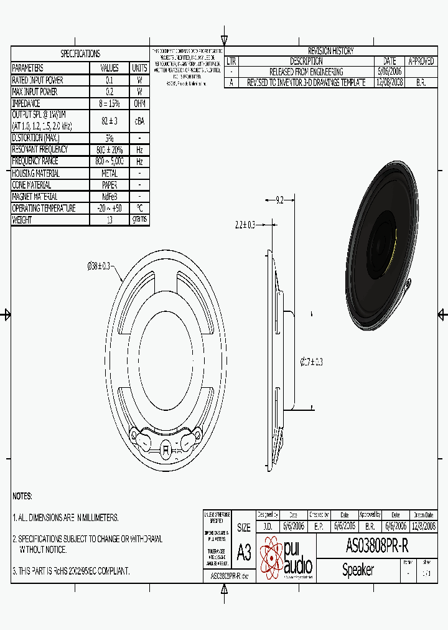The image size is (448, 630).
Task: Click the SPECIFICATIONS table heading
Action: tap(80, 54)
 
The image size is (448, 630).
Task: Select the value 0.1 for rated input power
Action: tap(110, 80)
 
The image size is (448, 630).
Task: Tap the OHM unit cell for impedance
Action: tap(139, 104)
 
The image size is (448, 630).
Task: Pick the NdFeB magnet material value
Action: tap(110, 197)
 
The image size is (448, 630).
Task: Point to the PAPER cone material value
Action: tap(110, 185)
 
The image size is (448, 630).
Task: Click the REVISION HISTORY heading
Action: tap(330, 51)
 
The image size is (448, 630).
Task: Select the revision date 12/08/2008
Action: tap(390, 82)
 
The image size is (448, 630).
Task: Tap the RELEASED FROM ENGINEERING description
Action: tap(306, 72)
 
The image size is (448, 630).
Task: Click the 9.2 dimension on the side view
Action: tap(279, 200)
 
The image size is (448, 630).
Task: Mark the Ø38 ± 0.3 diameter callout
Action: tap(98, 266)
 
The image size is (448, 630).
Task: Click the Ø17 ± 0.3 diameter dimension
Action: tap(312, 361)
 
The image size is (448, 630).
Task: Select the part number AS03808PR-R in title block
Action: tap(376, 547)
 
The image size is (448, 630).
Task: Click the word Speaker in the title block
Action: tap(358, 570)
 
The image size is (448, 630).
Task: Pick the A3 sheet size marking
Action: tap(244, 552)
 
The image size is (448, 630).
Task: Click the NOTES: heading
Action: tap(22, 496)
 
